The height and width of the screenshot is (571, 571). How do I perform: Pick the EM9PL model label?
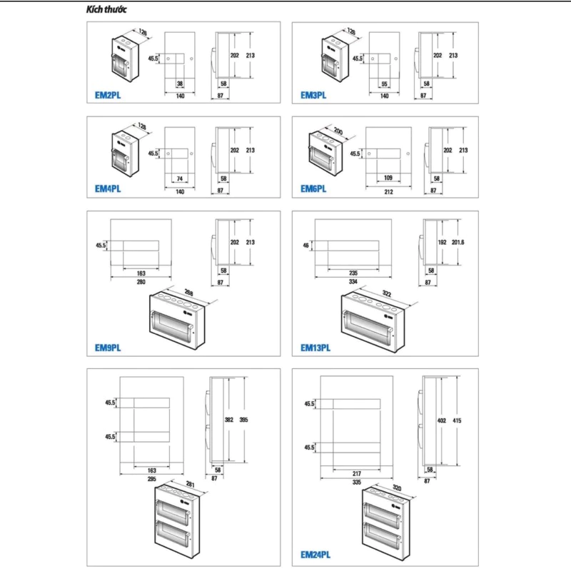[108, 348]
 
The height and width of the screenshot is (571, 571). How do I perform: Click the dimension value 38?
[180, 84]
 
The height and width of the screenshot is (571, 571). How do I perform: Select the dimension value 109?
[388, 177]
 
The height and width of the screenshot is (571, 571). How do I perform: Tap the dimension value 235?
[352, 273]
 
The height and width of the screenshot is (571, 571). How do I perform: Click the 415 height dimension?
[457, 421]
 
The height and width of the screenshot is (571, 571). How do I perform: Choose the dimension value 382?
[231, 420]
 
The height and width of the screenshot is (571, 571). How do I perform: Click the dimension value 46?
[305, 246]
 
